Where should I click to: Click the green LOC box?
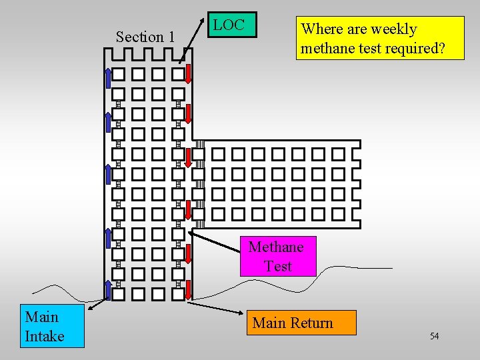pos(229,26)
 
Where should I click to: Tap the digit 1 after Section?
pos(171,37)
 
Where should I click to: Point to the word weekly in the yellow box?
pos(393,29)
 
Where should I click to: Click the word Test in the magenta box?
pos(277,266)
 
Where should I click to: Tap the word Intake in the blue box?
pos(45,335)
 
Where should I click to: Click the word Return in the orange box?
pos(312,323)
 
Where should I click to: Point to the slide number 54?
pos(434,336)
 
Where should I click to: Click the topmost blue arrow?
pos(108,77)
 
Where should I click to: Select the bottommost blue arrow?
pos(108,290)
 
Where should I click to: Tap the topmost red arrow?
pos(189,73)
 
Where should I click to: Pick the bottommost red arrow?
pos(189,290)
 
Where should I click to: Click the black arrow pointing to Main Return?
pos(213,308)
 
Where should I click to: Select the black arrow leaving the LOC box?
pos(193,41)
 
